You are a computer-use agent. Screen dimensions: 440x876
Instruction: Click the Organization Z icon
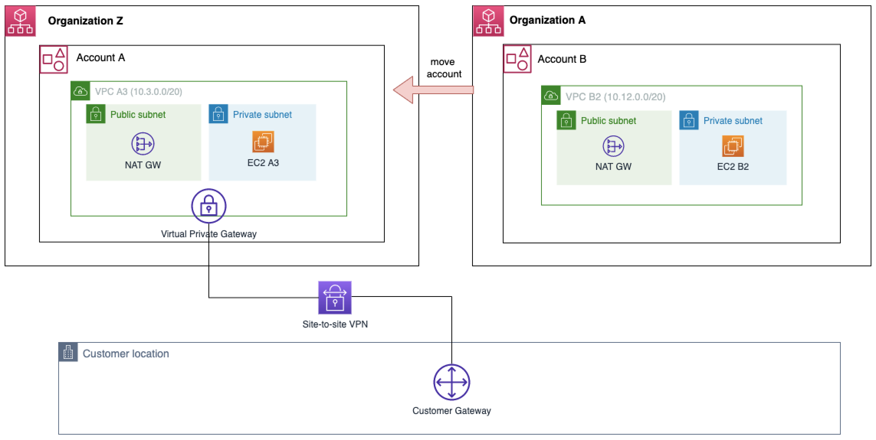tap(20, 21)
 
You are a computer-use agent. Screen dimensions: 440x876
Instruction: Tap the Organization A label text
tap(547, 20)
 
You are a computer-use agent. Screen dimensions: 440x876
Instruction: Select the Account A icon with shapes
tap(54, 60)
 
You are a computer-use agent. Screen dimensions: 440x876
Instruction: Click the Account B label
tap(562, 59)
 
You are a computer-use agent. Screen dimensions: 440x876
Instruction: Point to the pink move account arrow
tap(433, 90)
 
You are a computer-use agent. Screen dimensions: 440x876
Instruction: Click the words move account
tap(444, 68)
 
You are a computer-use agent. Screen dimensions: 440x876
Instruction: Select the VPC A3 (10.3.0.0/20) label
tap(138, 92)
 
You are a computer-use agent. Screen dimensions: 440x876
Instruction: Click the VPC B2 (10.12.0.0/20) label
tap(615, 97)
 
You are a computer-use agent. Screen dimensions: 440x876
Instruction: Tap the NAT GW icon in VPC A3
tap(143, 144)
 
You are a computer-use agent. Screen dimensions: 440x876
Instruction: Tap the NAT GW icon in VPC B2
tap(613, 146)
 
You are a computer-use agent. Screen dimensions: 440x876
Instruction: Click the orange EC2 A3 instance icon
tap(263, 142)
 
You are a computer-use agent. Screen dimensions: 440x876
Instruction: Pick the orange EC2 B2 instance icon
tap(733, 146)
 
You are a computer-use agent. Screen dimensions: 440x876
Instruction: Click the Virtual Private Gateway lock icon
tap(209, 206)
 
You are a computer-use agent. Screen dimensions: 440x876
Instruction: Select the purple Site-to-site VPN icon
tap(335, 298)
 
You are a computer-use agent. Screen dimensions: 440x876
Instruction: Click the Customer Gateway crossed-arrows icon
tap(451, 382)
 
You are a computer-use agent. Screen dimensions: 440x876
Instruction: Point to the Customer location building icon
tap(68, 352)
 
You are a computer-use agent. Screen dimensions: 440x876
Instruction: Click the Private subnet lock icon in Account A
tap(218, 114)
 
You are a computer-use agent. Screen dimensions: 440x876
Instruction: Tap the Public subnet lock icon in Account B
tap(566, 121)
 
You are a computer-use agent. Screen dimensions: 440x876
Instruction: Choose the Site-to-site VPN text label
tap(335, 324)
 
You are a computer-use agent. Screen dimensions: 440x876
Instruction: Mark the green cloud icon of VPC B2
tap(551, 96)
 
